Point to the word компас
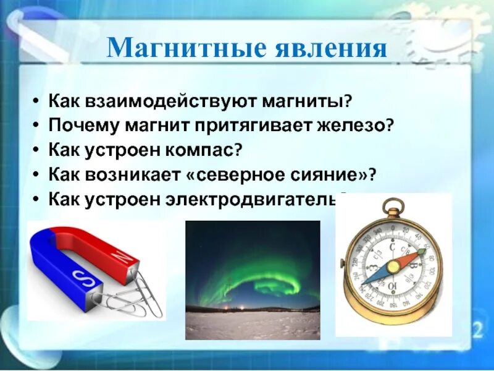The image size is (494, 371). coord(203,150)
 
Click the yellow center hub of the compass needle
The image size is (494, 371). coord(393,267)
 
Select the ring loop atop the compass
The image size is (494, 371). coord(393,207)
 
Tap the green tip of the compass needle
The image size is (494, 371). coord(422,252)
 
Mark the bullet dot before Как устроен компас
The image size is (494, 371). coord(36,150)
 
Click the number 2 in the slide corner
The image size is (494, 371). coord(477,330)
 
